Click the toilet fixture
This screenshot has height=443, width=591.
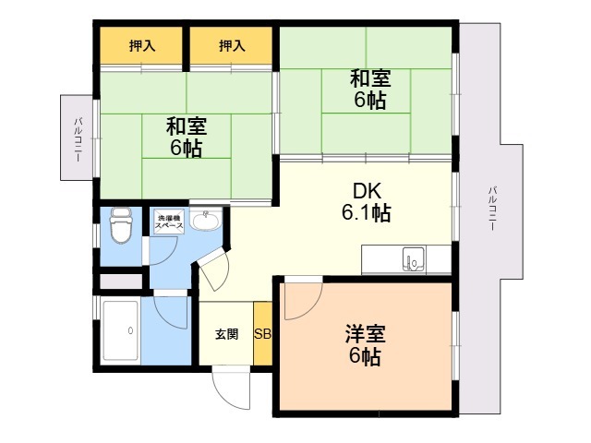[x=121, y=225]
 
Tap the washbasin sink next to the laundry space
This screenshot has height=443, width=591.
[x=206, y=221]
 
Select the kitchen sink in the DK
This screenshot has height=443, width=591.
[x=414, y=259]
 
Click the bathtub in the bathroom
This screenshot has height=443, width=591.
[x=121, y=330]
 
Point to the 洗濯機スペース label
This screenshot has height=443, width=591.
[x=169, y=221]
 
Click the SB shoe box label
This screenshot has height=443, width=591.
[x=262, y=334]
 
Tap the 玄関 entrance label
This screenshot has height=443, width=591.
[x=226, y=334]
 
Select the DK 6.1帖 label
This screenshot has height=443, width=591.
[x=367, y=201]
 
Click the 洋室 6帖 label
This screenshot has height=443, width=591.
[x=366, y=344]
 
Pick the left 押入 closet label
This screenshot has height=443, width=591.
[x=142, y=45]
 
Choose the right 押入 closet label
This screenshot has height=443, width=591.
[x=232, y=45]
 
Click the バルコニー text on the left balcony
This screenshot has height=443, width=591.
[x=78, y=139]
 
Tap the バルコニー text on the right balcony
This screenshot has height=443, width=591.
[x=492, y=209]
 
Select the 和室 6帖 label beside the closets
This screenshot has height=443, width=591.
[x=186, y=137]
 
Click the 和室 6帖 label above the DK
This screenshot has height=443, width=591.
[x=369, y=89]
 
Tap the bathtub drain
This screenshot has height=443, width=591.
[x=130, y=330]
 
